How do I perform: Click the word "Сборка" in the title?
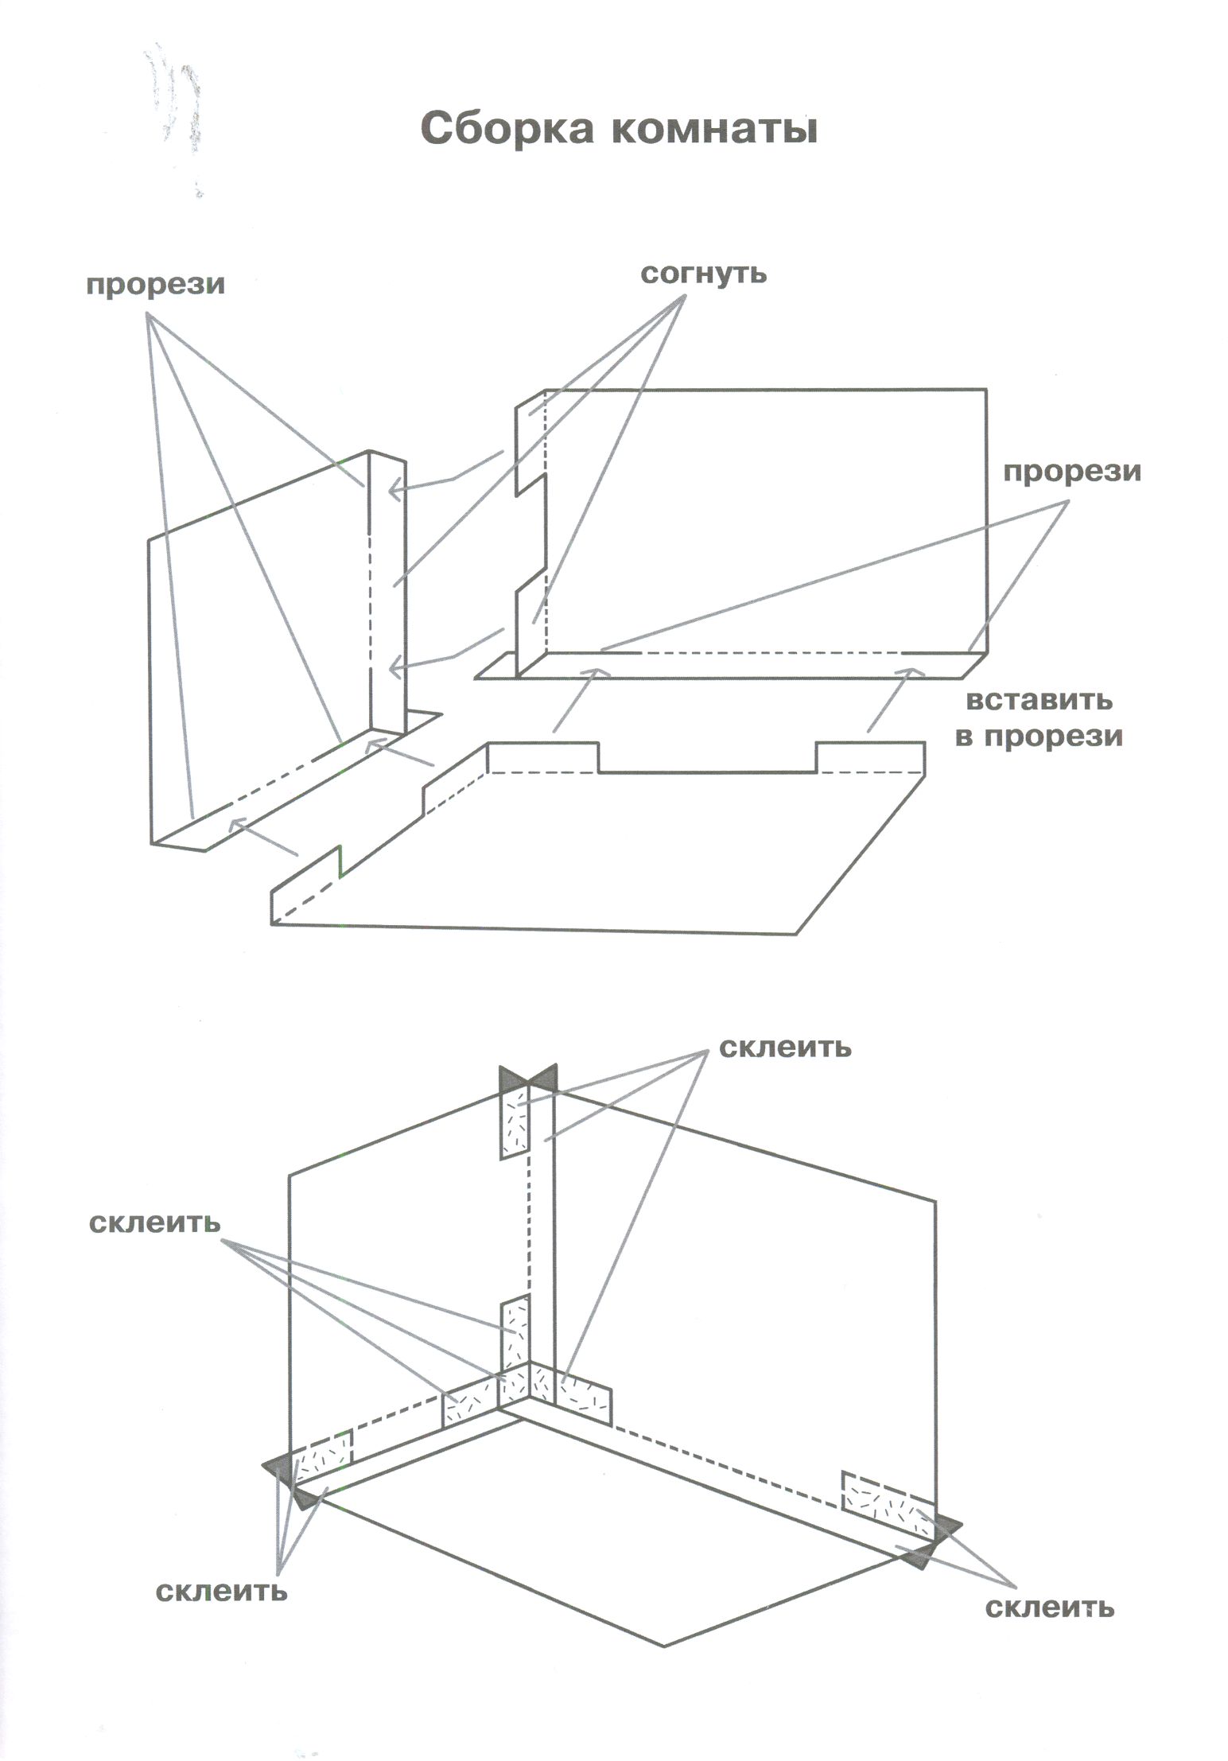click(x=506, y=128)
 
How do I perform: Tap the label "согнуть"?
click(x=704, y=274)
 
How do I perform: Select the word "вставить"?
click(x=1039, y=701)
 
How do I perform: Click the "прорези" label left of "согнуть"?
click(x=155, y=284)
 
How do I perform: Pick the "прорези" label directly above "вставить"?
click(x=1071, y=472)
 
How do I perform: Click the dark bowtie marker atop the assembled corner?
click(x=527, y=1079)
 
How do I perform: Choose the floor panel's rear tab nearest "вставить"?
click(x=869, y=756)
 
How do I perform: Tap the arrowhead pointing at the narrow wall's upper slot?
click(x=392, y=493)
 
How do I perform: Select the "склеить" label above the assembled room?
click(x=784, y=1048)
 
